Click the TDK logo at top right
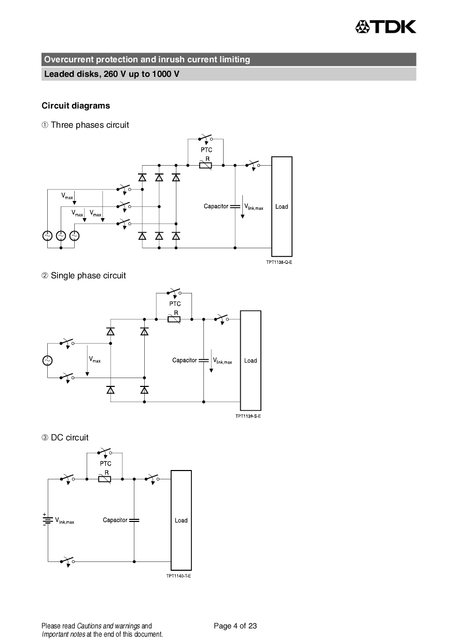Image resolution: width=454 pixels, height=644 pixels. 385,26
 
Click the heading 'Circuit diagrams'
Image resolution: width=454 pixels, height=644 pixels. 76,105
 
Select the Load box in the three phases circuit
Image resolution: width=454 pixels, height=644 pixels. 282,206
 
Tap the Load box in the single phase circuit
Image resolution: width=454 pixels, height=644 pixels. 251,360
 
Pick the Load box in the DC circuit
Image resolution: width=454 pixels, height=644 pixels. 181,520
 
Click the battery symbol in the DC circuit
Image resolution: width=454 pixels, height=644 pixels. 48,520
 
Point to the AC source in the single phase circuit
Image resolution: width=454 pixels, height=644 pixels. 47,360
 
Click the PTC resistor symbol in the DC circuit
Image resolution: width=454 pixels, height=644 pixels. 105,479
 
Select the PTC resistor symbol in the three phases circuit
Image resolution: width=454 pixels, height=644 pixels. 206,165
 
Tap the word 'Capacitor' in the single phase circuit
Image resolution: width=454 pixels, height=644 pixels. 184,360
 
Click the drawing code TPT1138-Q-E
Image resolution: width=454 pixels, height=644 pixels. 279,262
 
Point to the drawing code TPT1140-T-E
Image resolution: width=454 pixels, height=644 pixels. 178,576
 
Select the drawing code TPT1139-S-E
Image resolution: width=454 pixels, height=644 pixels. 248,416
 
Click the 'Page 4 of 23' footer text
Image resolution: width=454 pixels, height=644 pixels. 235,626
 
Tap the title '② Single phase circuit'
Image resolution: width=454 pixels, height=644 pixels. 84,275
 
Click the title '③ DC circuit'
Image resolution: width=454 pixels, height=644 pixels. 65,437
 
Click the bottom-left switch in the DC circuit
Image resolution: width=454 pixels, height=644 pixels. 67,561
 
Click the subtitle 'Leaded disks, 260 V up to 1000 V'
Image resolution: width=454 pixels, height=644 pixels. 112,74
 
